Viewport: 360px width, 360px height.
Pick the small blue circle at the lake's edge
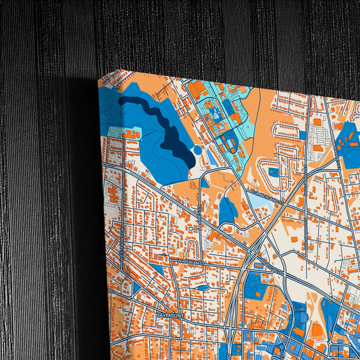point(197,149)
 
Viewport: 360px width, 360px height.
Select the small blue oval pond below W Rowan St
point(202,288)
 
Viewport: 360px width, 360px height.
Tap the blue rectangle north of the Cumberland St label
point(273,172)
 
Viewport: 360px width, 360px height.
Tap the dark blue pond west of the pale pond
point(227,211)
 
